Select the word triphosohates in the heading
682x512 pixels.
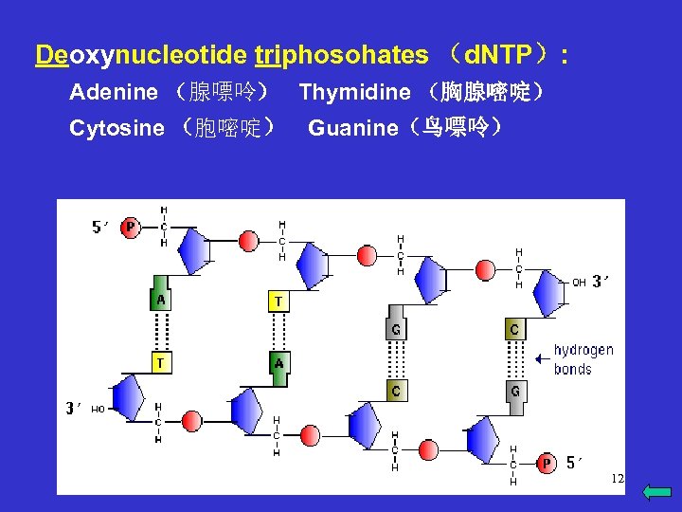tap(341, 56)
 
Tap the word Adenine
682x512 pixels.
tap(114, 92)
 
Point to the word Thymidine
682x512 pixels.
tap(354, 92)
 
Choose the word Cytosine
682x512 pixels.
tap(117, 128)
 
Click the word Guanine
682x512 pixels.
tap(353, 128)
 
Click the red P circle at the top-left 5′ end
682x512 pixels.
tap(130, 228)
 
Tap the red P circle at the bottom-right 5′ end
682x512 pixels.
tap(546, 463)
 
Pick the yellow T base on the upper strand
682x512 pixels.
tap(278, 302)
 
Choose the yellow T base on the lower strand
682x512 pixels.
tap(161, 362)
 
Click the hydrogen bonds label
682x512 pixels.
tap(583, 359)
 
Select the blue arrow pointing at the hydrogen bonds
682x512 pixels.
tap(542, 358)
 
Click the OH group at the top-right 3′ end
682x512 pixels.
tap(578, 282)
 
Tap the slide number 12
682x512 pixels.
tap(617, 479)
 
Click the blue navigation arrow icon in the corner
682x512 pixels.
tap(656, 491)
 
